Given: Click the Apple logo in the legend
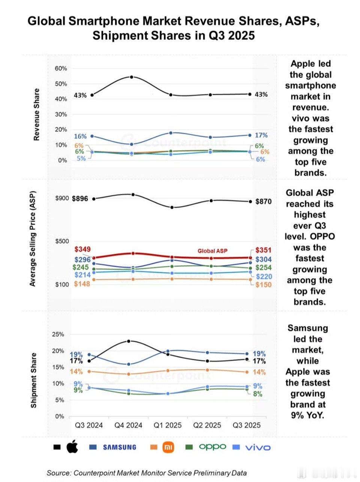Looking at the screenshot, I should coord(72,447).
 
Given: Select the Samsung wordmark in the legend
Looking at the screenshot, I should coord(119,447).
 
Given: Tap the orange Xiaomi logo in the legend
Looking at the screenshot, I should coord(168,447).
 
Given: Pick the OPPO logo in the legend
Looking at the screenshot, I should coord(212,446).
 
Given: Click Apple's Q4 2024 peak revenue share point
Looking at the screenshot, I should coord(132,77).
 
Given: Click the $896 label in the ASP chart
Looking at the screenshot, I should coord(80,199).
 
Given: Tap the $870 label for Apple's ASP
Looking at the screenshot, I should coord(263,202).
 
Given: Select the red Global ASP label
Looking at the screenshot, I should coord(212,251).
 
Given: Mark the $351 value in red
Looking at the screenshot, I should coord(263,250).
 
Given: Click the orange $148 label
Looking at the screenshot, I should coord(82,284).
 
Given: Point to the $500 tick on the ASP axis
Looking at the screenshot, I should coord(62,241).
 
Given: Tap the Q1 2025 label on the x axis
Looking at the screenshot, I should coord(168,425).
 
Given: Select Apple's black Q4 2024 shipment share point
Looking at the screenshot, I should coord(129,341).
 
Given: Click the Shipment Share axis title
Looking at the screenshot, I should coord(34,380).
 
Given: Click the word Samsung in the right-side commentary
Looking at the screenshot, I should coord(307,328).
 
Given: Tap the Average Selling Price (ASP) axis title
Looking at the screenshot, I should coord(33,239).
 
